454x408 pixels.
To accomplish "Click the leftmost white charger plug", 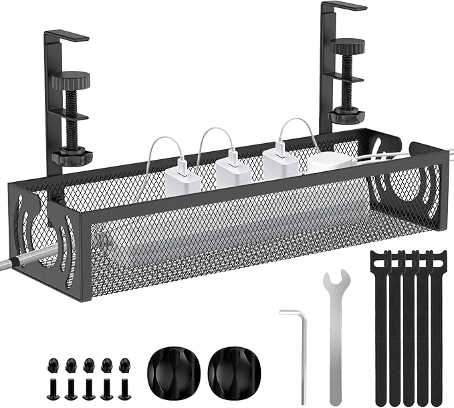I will pyautogui.click(x=179, y=180).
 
